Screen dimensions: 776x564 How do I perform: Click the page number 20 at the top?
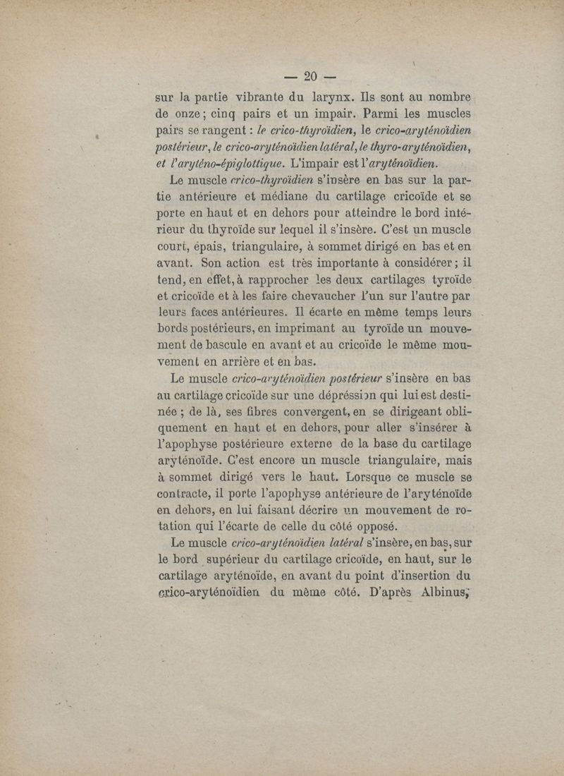click(310, 77)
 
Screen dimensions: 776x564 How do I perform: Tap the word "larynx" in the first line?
click(330, 97)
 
